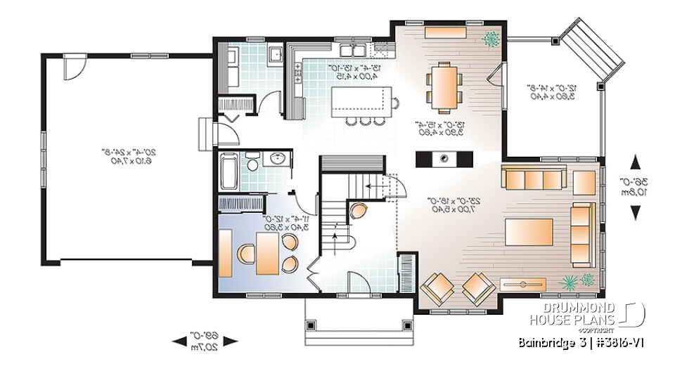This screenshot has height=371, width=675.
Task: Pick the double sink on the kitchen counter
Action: (x=352, y=50)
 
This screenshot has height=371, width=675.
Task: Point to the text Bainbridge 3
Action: (x=551, y=343)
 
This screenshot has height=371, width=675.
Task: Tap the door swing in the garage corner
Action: (x=70, y=67)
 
